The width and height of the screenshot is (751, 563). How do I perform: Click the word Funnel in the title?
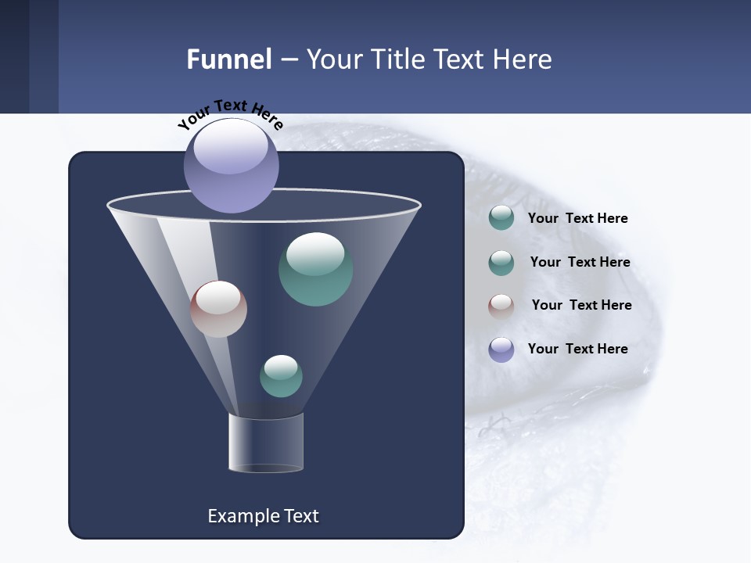point(228,59)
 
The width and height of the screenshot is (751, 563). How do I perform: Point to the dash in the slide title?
point(288,60)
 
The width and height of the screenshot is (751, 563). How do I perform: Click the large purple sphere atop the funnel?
point(231,165)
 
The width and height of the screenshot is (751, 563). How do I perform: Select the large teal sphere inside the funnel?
point(315,269)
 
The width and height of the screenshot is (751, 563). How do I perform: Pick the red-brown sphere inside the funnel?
point(218,309)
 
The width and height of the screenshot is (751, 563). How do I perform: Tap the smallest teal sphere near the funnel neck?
point(281,376)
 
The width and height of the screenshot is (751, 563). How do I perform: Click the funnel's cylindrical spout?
point(266,443)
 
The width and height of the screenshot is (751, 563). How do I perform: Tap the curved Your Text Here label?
point(230,113)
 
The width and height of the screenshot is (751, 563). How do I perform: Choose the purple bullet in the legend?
point(501,350)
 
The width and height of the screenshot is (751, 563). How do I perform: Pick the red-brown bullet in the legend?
point(501,306)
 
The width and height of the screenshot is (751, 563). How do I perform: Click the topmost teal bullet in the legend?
point(501,218)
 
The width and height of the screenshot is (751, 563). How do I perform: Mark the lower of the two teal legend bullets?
point(501,262)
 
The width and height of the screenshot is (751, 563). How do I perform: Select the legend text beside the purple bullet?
point(577,349)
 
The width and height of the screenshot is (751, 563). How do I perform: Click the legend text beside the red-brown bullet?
point(581,305)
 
